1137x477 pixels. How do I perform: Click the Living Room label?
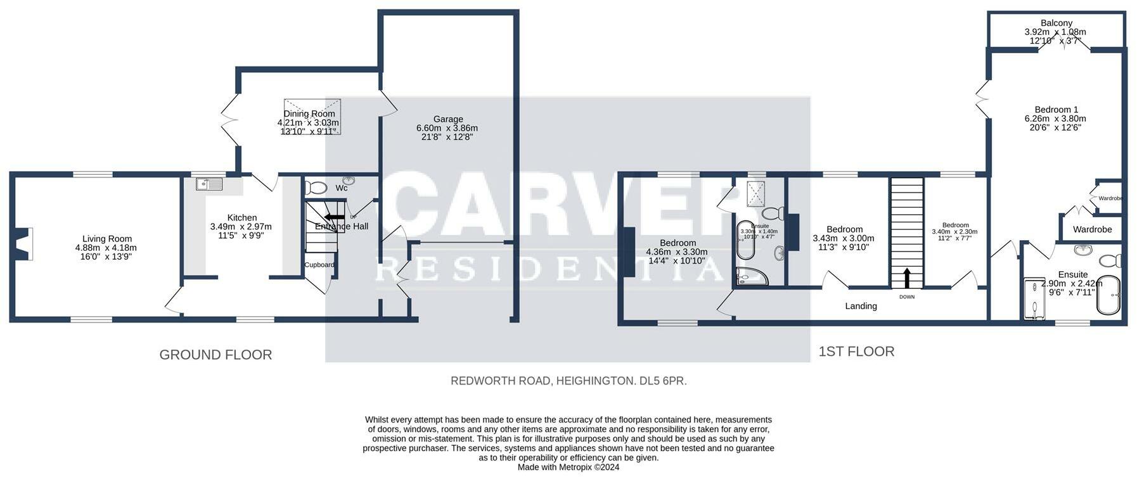click(x=106, y=239)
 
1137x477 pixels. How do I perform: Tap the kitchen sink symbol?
click(x=209, y=184)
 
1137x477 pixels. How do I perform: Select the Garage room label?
click(x=448, y=119)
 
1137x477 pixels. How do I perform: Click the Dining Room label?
click(x=309, y=114)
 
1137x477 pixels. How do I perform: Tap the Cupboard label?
click(x=319, y=265)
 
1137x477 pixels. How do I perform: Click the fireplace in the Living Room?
click(x=24, y=245)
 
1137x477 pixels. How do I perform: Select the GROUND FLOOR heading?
click(x=215, y=355)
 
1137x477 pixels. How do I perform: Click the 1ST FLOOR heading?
click(x=856, y=352)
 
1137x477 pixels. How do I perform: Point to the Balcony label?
click(x=1057, y=23)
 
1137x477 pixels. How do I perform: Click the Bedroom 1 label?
click(x=1056, y=110)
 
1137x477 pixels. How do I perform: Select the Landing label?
click(x=861, y=306)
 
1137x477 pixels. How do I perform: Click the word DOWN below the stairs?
click(x=907, y=296)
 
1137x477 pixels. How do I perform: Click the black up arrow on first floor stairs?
click(x=907, y=277)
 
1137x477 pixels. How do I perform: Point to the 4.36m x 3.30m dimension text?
click(x=677, y=251)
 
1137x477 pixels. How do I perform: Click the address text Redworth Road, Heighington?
click(x=568, y=381)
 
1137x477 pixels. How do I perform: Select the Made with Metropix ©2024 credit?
click(x=568, y=467)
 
